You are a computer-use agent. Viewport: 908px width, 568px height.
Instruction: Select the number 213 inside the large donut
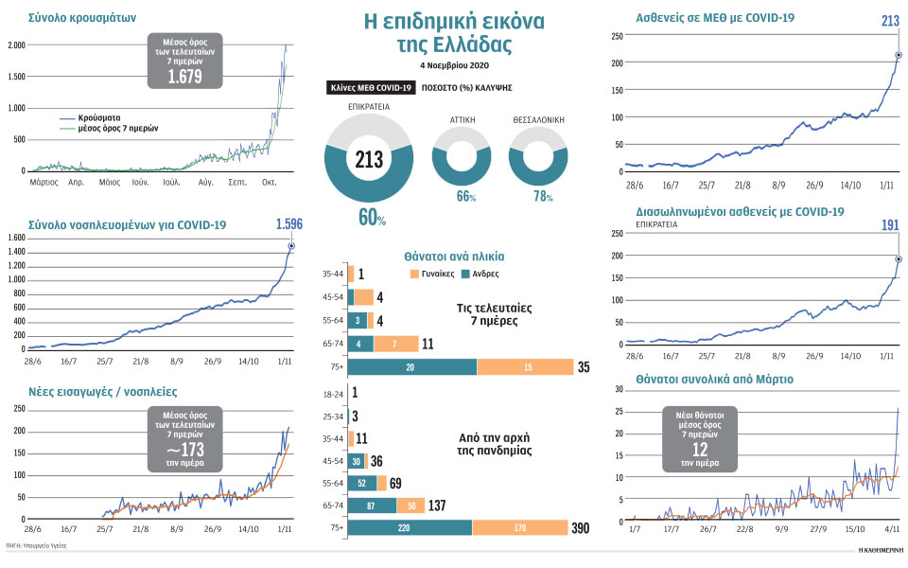[368, 159]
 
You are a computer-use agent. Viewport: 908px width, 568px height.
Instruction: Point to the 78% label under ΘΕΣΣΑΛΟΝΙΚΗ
[538, 195]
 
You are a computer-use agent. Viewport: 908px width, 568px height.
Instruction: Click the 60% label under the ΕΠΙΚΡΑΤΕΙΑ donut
[372, 218]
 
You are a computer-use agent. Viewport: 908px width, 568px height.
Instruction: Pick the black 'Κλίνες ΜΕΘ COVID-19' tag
[370, 87]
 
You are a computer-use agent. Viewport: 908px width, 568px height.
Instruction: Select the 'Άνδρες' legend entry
[482, 274]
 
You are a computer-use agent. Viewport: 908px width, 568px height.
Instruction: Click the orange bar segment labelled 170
[519, 527]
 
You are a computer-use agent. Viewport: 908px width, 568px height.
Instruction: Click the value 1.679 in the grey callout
[184, 77]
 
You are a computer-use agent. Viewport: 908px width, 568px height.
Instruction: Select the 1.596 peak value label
[289, 224]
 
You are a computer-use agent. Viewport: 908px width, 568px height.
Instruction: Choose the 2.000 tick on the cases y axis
[16, 45]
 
